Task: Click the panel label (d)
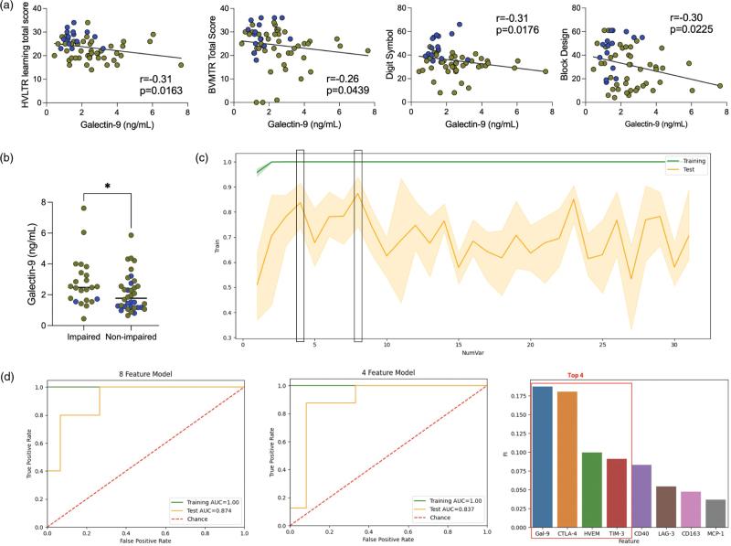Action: (x=10, y=376)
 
